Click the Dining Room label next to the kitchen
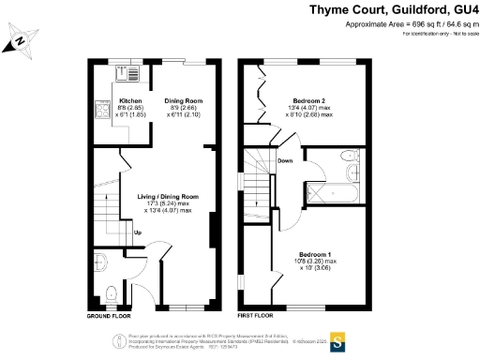pos(184,100)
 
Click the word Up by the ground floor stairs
pos(138,232)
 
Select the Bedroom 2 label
pos(308,100)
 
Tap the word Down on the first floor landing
pos(285,160)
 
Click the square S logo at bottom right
pos(338,339)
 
